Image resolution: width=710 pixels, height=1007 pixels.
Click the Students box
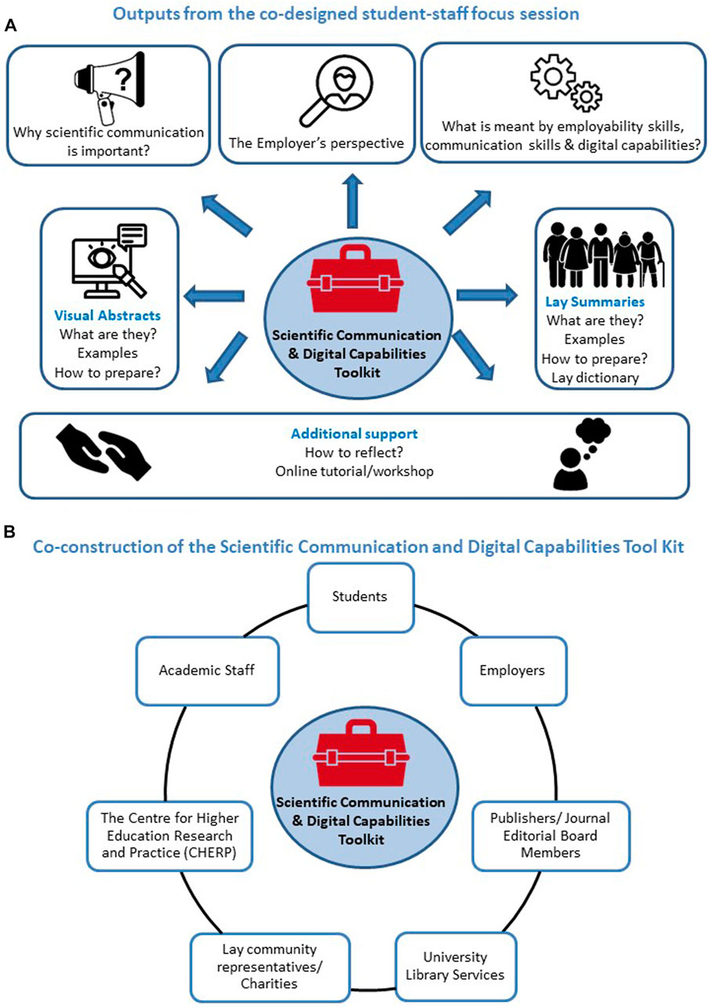[360, 596]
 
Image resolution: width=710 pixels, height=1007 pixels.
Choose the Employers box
[510, 670]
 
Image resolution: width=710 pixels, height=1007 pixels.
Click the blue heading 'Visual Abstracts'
[107, 315]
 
